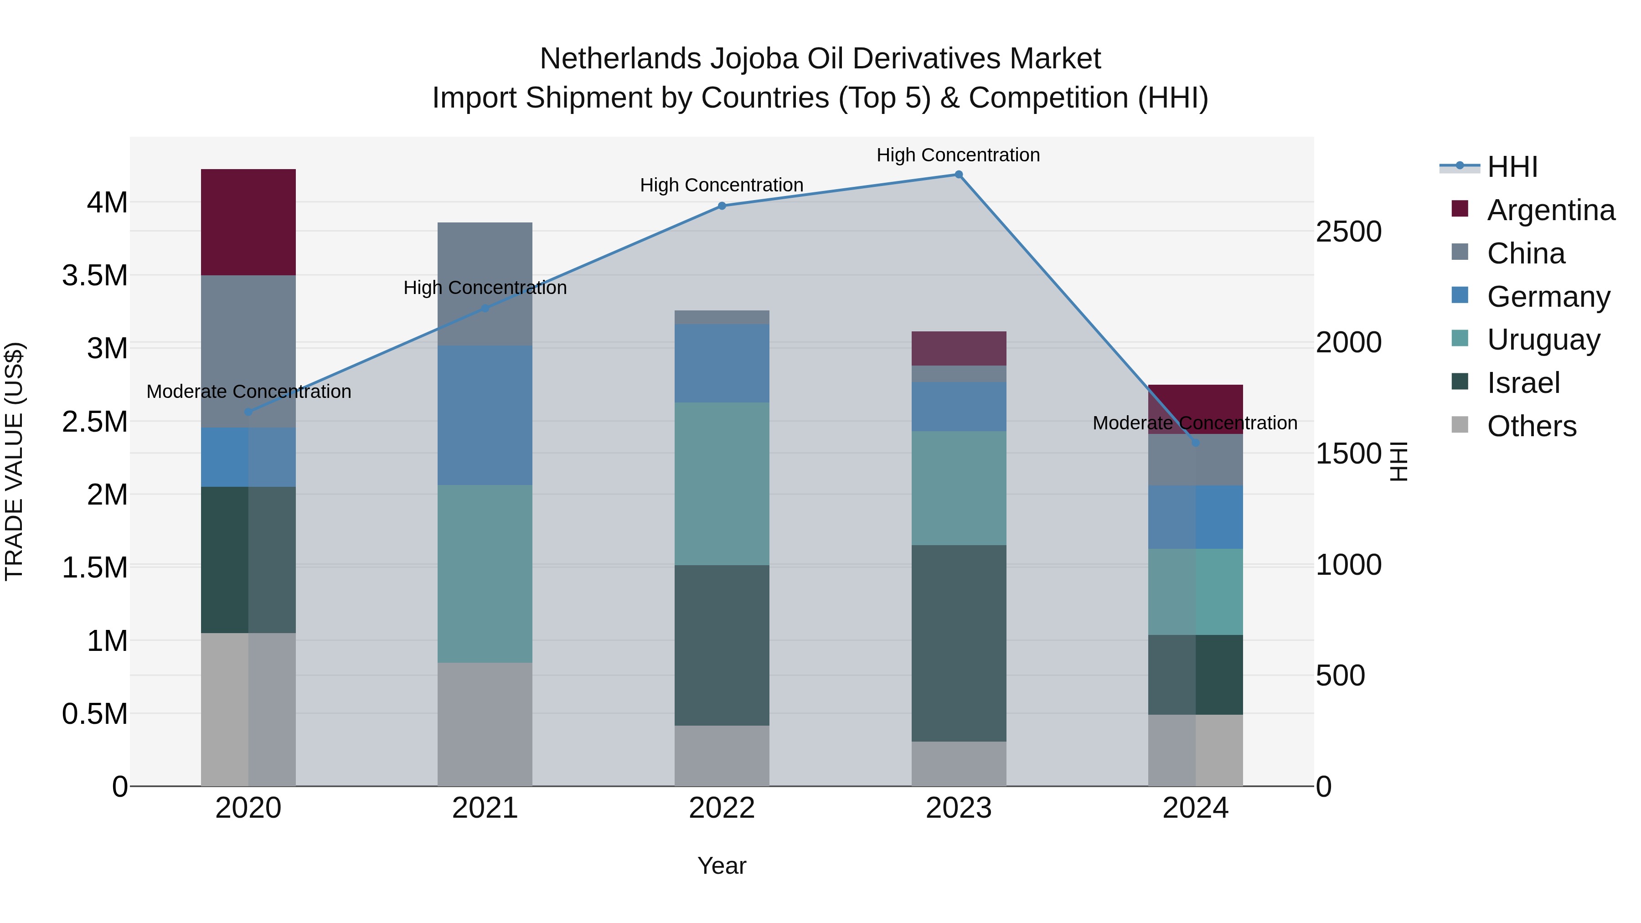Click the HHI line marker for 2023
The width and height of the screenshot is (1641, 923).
click(958, 175)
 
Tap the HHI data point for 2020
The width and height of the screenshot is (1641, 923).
click(248, 412)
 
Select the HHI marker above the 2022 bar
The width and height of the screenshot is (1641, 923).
click(722, 206)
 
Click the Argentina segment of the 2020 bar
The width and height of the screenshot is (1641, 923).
click(248, 222)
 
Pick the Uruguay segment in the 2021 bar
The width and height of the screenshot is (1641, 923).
click(485, 573)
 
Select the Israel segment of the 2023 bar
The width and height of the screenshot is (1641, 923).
click(958, 643)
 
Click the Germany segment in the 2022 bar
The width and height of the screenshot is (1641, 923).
click(722, 363)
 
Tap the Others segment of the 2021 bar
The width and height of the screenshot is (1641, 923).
click(485, 724)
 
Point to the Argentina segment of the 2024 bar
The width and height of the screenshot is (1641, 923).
click(1195, 401)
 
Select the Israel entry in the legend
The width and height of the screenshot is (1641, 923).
click(1523, 383)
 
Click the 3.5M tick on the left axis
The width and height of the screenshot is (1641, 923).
click(95, 276)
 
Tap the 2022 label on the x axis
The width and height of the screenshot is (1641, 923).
click(722, 808)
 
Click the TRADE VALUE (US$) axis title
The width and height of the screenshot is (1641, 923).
click(14, 461)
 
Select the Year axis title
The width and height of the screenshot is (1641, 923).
click(722, 866)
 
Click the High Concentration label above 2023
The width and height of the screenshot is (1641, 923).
click(958, 155)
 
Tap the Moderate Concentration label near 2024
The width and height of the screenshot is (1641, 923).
click(1195, 423)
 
